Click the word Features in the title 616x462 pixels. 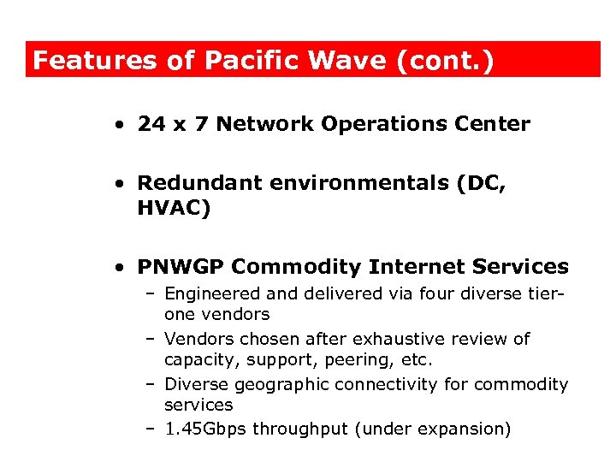[x=94, y=61]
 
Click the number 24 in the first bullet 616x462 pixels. [x=151, y=124]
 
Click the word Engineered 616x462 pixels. [x=209, y=293]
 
